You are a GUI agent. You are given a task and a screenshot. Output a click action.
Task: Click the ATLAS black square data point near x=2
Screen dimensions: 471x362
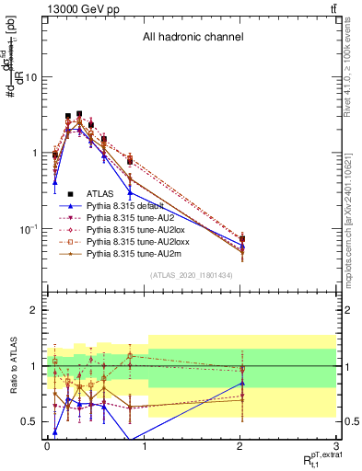click(242, 239)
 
